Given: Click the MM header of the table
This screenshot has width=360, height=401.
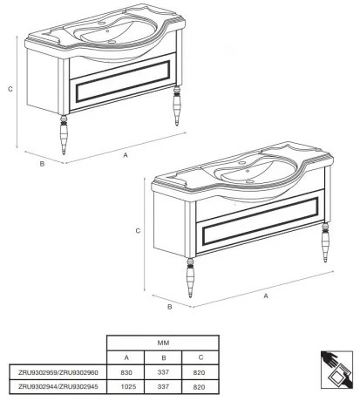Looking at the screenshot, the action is [163, 343].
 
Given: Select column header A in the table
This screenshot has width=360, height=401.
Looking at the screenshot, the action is [126, 357].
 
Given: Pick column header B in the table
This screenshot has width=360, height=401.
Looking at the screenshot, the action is [164, 357].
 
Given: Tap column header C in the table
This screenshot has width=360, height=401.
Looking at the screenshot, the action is [200, 357].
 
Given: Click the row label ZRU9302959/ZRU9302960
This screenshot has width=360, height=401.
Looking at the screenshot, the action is [58, 372].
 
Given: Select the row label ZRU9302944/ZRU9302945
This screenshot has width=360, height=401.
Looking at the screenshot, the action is [58, 386].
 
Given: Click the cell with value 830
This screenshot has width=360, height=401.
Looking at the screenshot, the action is [126, 372].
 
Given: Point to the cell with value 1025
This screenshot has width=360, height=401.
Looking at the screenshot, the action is [128, 387].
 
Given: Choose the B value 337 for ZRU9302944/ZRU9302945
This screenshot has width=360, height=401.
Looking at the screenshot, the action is [163, 387].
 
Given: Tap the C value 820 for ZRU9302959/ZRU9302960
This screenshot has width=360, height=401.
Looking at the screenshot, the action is [199, 372].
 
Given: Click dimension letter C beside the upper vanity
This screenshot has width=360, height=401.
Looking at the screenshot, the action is [10, 89].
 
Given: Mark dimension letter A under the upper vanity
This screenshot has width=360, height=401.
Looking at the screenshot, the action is [126, 155].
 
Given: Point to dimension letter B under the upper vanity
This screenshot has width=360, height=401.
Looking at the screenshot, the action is [42, 164].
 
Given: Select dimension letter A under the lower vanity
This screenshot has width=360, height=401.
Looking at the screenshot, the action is [266, 296].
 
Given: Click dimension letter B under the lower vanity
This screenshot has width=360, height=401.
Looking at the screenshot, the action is [170, 307].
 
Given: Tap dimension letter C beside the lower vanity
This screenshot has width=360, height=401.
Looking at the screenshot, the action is [138, 231].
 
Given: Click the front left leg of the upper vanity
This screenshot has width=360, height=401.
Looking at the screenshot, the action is [64, 134].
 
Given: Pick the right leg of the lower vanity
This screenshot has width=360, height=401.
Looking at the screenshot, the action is [325, 242].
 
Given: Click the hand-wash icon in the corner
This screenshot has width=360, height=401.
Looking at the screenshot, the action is [336, 370].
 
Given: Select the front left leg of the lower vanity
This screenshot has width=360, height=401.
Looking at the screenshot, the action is [190, 278].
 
